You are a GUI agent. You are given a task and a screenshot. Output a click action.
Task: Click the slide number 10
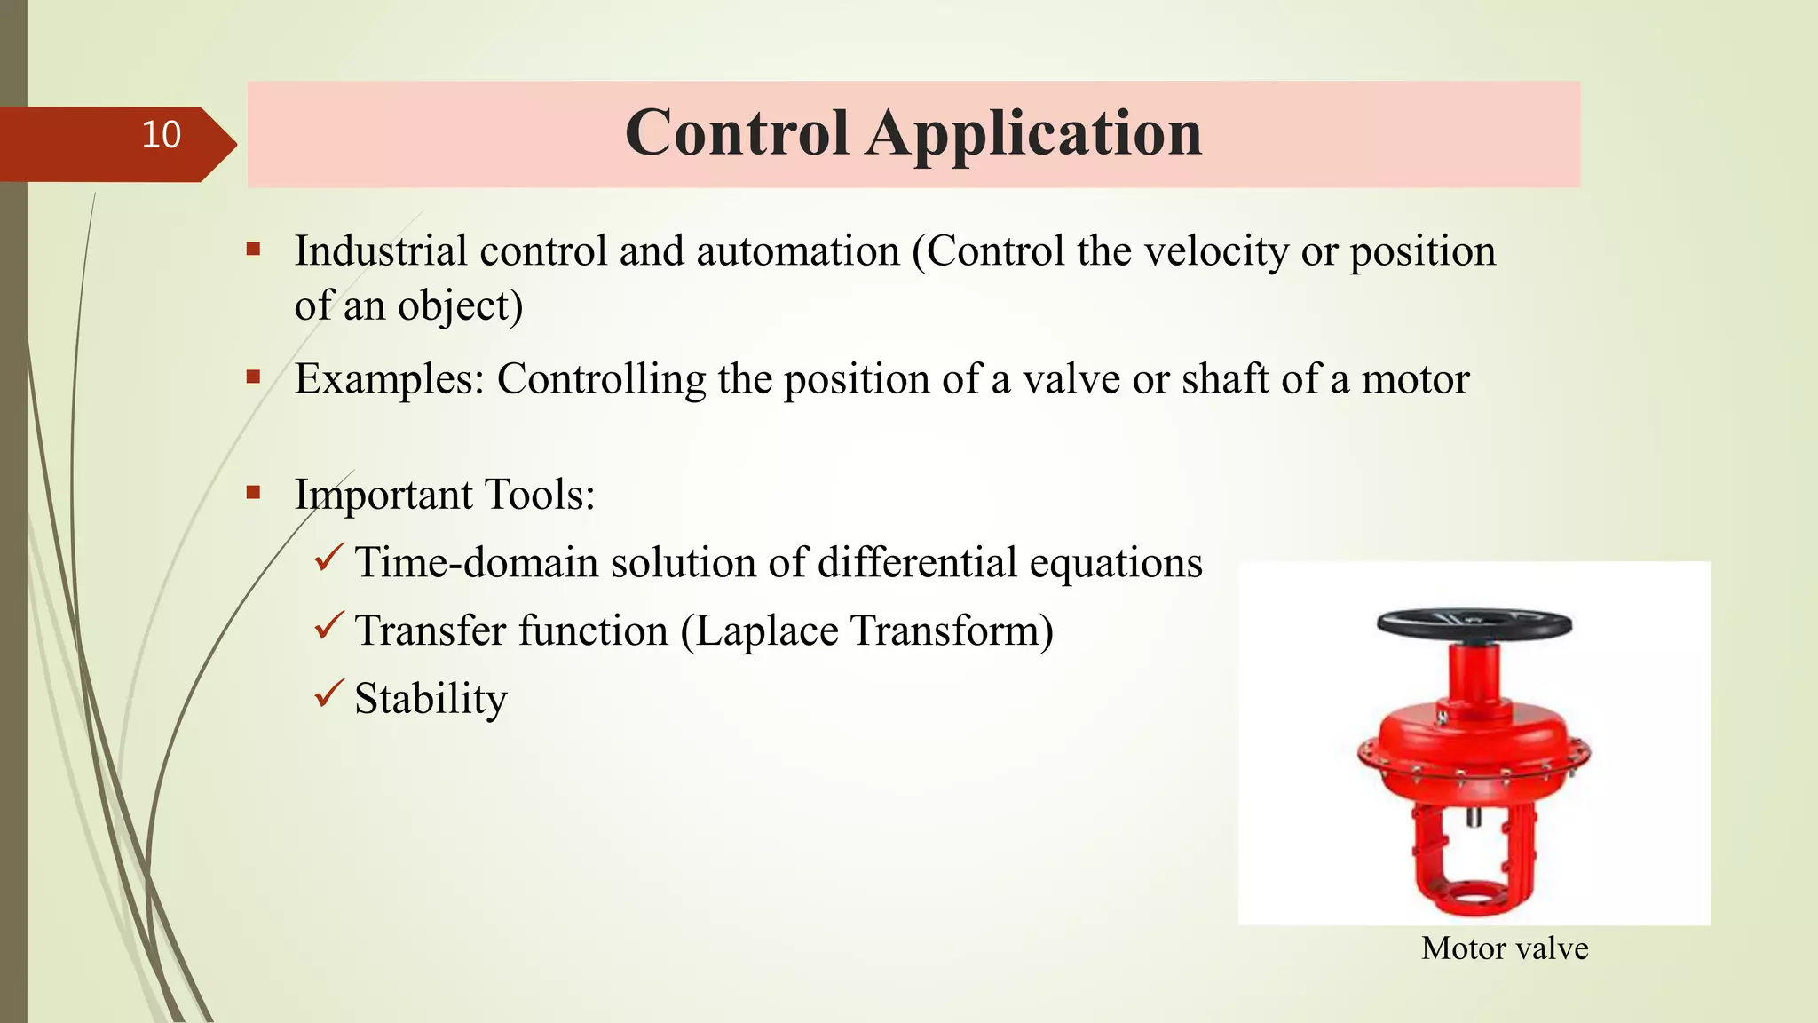tap(161, 135)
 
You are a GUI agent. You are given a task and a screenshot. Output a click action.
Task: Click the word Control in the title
tap(737, 133)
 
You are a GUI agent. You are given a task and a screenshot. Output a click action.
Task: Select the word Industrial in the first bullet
tap(381, 251)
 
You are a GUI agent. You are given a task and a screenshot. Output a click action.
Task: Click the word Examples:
tap(390, 380)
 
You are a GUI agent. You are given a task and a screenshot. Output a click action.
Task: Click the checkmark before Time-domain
tap(328, 558)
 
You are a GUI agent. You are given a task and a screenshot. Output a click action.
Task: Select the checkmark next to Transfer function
tap(328, 626)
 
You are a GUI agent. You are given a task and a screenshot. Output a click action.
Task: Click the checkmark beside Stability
tap(328, 694)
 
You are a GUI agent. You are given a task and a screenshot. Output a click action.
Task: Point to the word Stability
tap(431, 699)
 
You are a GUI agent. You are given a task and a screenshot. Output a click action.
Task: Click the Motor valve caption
tap(1504, 948)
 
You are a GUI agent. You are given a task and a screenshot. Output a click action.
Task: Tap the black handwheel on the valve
tap(1474, 624)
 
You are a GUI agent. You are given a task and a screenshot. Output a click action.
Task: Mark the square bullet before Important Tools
tap(254, 491)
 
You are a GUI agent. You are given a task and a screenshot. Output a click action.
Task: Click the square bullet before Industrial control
tap(254, 249)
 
